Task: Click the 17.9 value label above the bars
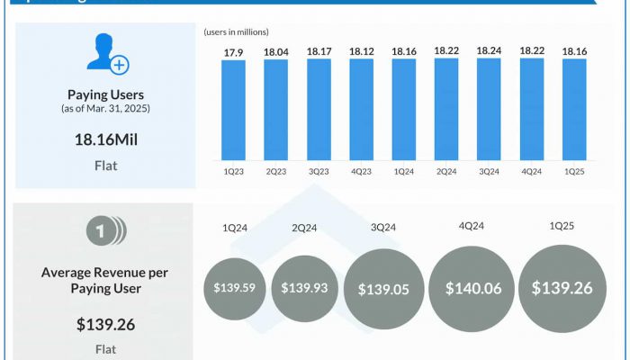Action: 233,52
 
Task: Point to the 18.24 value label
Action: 489,52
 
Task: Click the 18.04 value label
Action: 276,52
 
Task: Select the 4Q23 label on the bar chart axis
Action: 361,170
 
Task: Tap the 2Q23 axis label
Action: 276,170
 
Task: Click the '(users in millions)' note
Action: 237,32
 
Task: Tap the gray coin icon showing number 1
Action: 105,233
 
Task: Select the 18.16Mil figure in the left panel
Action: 105,139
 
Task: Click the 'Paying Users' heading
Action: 105,94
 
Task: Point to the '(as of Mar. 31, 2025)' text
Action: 105,109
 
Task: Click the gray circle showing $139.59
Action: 234,288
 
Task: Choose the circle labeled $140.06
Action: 472,288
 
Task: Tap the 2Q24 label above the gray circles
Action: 304,229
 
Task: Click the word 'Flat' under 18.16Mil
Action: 105,166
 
